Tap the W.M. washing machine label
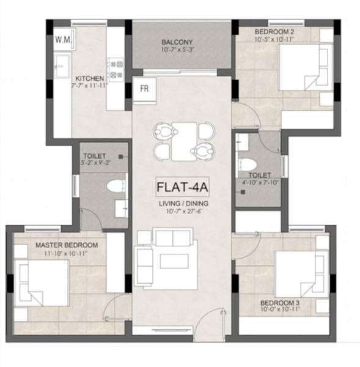point(63,39)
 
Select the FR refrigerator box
point(145,88)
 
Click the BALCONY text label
point(178,42)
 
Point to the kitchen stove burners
point(116,68)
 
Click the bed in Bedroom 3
point(300,272)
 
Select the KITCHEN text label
point(89,78)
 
